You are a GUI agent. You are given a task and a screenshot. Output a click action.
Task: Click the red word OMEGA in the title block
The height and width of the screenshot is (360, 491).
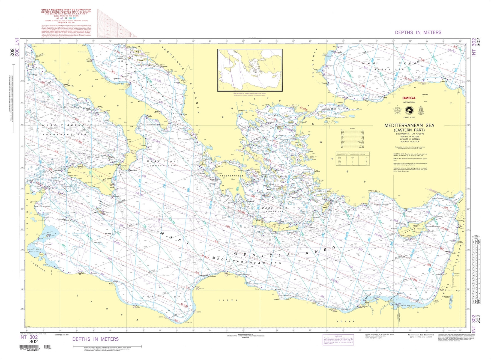point(409,98)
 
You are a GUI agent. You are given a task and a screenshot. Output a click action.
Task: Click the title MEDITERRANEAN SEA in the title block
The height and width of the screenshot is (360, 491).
point(409,126)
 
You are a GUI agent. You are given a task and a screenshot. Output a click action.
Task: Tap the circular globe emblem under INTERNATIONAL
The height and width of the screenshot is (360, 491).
point(409,111)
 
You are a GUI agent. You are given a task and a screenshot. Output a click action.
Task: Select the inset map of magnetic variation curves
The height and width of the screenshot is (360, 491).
point(250,70)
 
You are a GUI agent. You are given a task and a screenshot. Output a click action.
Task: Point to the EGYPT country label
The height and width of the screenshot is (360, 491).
point(345,322)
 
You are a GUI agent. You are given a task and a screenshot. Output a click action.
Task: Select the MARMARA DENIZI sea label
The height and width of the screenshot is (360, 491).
point(329,109)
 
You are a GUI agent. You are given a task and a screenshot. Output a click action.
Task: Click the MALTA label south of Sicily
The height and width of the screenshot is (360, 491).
point(96,212)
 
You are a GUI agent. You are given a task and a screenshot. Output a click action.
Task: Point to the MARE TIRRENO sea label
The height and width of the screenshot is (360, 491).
point(63,126)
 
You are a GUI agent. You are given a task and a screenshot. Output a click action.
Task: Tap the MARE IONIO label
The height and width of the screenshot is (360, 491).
point(163,162)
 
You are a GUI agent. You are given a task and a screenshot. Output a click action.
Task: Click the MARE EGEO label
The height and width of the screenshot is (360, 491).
point(274,208)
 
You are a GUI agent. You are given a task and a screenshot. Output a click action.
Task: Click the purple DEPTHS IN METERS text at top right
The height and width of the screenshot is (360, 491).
point(418,32)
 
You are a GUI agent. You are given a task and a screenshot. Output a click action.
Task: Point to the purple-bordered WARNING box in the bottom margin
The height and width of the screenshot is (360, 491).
point(338,340)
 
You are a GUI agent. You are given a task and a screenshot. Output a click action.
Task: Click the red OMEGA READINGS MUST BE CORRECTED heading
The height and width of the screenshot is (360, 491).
point(66,11)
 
